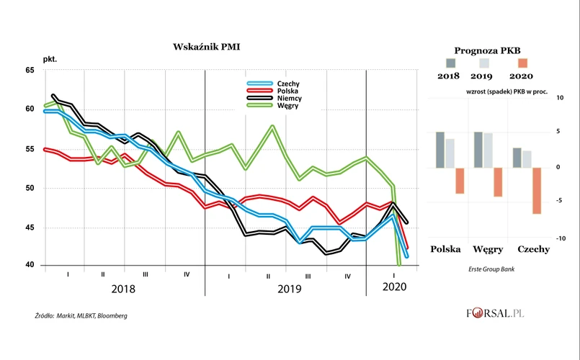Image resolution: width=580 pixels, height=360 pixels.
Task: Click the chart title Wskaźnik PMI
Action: point(207,47)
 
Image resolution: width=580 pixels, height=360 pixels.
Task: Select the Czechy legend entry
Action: point(287,84)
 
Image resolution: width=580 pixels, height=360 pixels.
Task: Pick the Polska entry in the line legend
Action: point(287,91)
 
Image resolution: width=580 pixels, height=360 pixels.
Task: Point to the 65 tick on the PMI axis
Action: point(30,70)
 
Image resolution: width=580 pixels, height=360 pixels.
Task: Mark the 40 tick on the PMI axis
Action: point(30,265)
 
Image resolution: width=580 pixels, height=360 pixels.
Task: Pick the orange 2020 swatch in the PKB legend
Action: point(522,63)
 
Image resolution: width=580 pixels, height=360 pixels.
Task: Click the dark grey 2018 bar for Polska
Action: point(440,150)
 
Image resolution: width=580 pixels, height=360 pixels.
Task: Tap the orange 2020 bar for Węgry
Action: point(498,181)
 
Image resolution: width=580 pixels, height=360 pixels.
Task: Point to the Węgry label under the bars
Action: point(488,250)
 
